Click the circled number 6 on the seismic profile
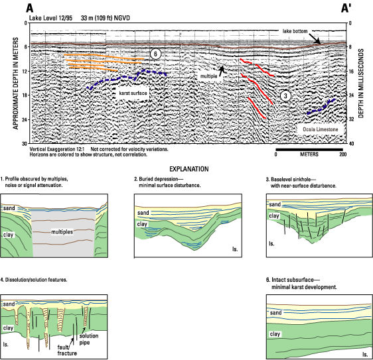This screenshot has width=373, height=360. pyautogui.click(x=155, y=54)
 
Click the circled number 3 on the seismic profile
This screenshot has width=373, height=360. pyautogui.click(x=285, y=95)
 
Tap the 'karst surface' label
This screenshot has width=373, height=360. pyautogui.click(x=133, y=93)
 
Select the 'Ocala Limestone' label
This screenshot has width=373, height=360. pyautogui.click(x=320, y=129)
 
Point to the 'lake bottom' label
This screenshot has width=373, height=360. pyautogui.click(x=295, y=31)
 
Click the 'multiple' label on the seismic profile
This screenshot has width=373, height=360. pyautogui.click(x=208, y=76)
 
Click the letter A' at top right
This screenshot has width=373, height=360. pyautogui.click(x=346, y=9)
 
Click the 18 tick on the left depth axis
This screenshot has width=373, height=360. pyautogui.click(x=25, y=95)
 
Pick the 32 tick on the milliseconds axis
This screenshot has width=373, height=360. pyautogui.click(x=351, y=119)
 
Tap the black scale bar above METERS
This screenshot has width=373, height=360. pyautogui.click(x=309, y=149)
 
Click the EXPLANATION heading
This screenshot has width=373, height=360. pyautogui.click(x=189, y=169)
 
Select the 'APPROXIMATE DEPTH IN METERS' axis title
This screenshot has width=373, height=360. pyautogui.click(x=16, y=84)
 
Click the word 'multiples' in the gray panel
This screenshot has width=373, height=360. pyautogui.click(x=62, y=231)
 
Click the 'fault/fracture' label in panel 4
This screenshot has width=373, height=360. pyautogui.click(x=67, y=350)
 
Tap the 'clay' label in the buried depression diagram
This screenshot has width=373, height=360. pyautogui.click(x=142, y=224)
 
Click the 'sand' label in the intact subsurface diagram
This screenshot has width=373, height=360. pyautogui.click(x=275, y=313)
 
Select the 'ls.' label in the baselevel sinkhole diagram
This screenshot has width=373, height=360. pyautogui.click(x=271, y=243)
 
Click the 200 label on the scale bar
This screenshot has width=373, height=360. pyautogui.click(x=342, y=154)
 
